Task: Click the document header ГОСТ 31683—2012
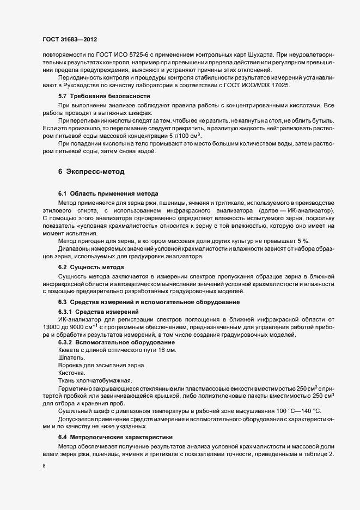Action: pos(70,39)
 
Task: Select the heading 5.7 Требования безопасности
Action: pos(97,96)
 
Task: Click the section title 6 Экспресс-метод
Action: pos(91,172)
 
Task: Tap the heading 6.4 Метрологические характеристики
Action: pos(115,437)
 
